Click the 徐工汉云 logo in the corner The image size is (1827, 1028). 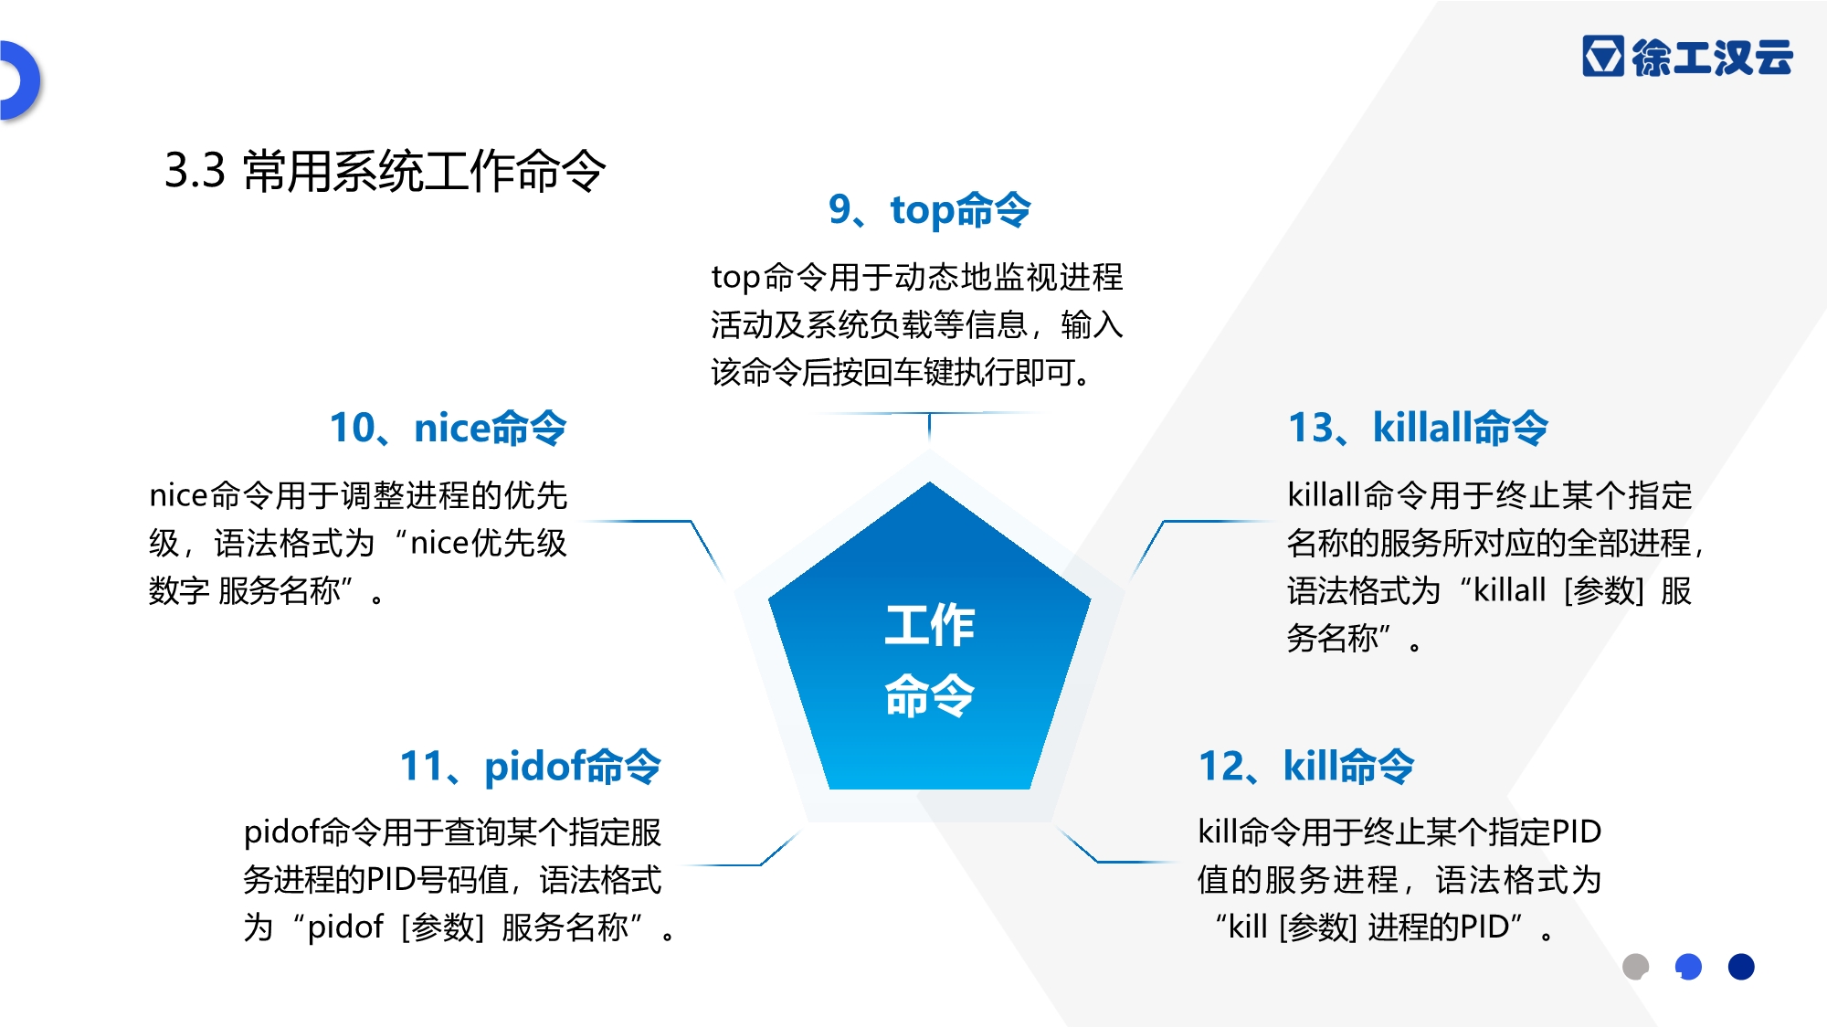pyautogui.click(x=1687, y=57)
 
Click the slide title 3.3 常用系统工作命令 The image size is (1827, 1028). pyautogui.click(x=385, y=171)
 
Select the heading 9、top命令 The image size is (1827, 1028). pyautogui.click(x=929, y=209)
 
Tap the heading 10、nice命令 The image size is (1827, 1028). pyautogui.click(x=448, y=428)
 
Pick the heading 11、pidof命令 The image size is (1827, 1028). pyautogui.click(x=530, y=767)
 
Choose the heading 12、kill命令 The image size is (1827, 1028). pyautogui.click(x=1306, y=766)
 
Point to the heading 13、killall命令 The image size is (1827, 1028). pyautogui.click(x=1418, y=428)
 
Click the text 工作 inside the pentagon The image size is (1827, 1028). pyautogui.click(x=929, y=625)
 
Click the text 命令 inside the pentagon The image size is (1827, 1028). pyautogui.click(x=929, y=694)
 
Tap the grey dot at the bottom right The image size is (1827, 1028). pyautogui.click(x=1635, y=966)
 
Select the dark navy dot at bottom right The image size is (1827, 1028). pyautogui.click(x=1741, y=966)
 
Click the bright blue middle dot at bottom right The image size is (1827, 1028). pyautogui.click(x=1688, y=966)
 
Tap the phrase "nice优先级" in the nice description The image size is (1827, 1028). pyautogui.click(x=489, y=544)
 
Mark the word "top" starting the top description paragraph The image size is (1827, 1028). pyautogui.click(x=735, y=277)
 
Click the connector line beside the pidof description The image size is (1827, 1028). pyautogui.click(x=742, y=849)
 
